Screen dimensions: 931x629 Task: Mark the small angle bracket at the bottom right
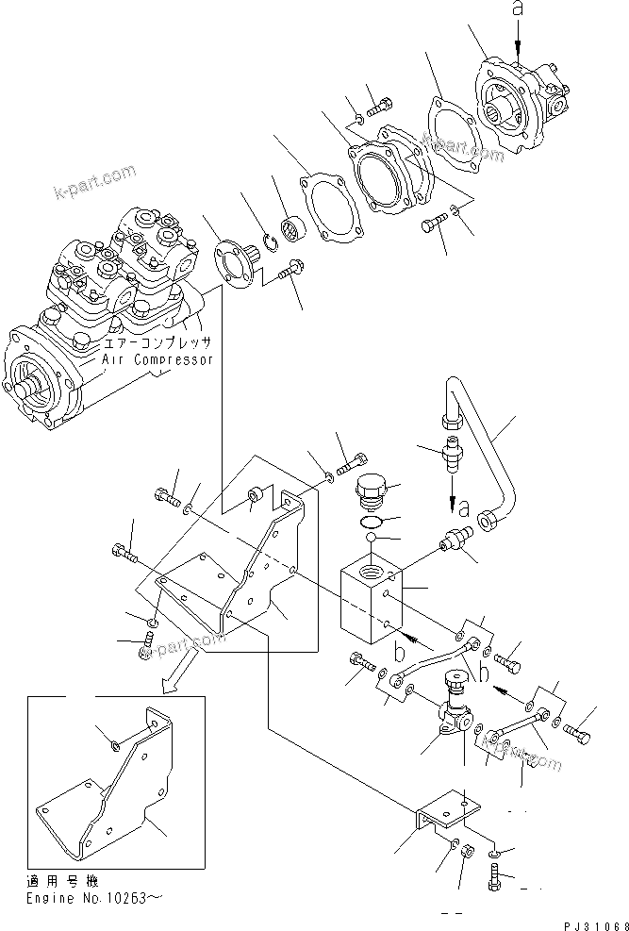pos(442,814)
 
